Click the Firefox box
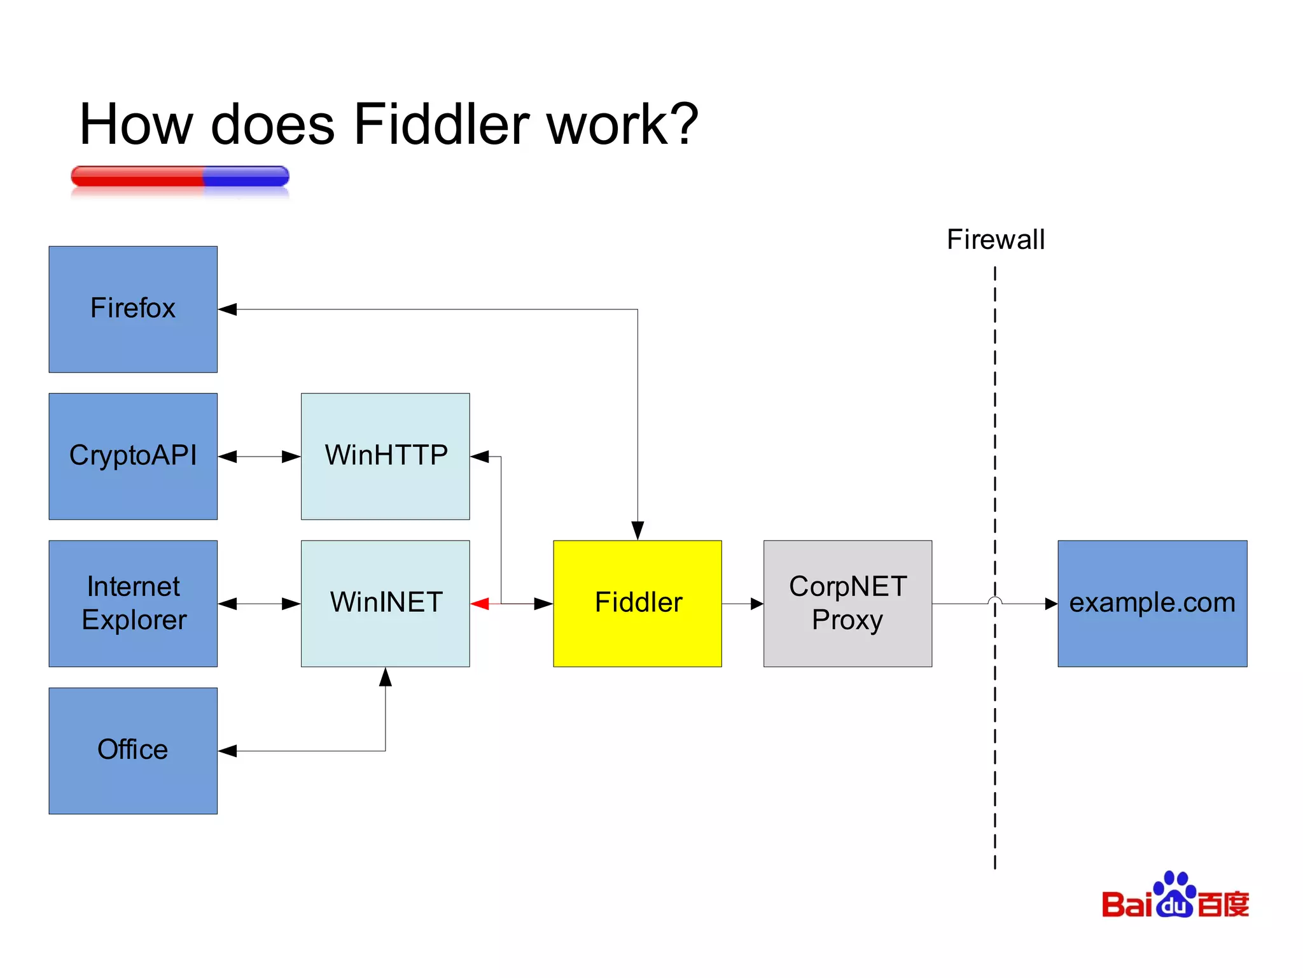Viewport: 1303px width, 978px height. [133, 309]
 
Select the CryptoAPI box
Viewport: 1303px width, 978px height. [133, 456]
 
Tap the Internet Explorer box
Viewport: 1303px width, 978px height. [133, 603]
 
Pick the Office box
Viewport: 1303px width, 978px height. [133, 750]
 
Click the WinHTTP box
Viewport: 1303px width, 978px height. [385, 456]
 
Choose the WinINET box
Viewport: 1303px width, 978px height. [385, 603]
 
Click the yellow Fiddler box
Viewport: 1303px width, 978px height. [637, 603]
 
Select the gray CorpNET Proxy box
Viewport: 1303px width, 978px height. [847, 603]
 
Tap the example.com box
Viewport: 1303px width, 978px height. [1152, 603]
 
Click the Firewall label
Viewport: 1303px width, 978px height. [995, 240]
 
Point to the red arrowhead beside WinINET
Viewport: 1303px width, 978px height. [480, 604]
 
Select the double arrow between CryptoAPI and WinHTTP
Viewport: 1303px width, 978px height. [259, 457]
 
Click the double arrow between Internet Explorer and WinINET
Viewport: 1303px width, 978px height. [259, 604]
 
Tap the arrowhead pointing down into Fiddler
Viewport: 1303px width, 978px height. [638, 530]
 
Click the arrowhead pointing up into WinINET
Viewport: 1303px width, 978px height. [385, 677]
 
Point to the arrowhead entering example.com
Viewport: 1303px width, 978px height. [1050, 604]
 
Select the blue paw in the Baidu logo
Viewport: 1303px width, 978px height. [1174, 895]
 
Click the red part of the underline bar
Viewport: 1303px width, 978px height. [137, 176]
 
